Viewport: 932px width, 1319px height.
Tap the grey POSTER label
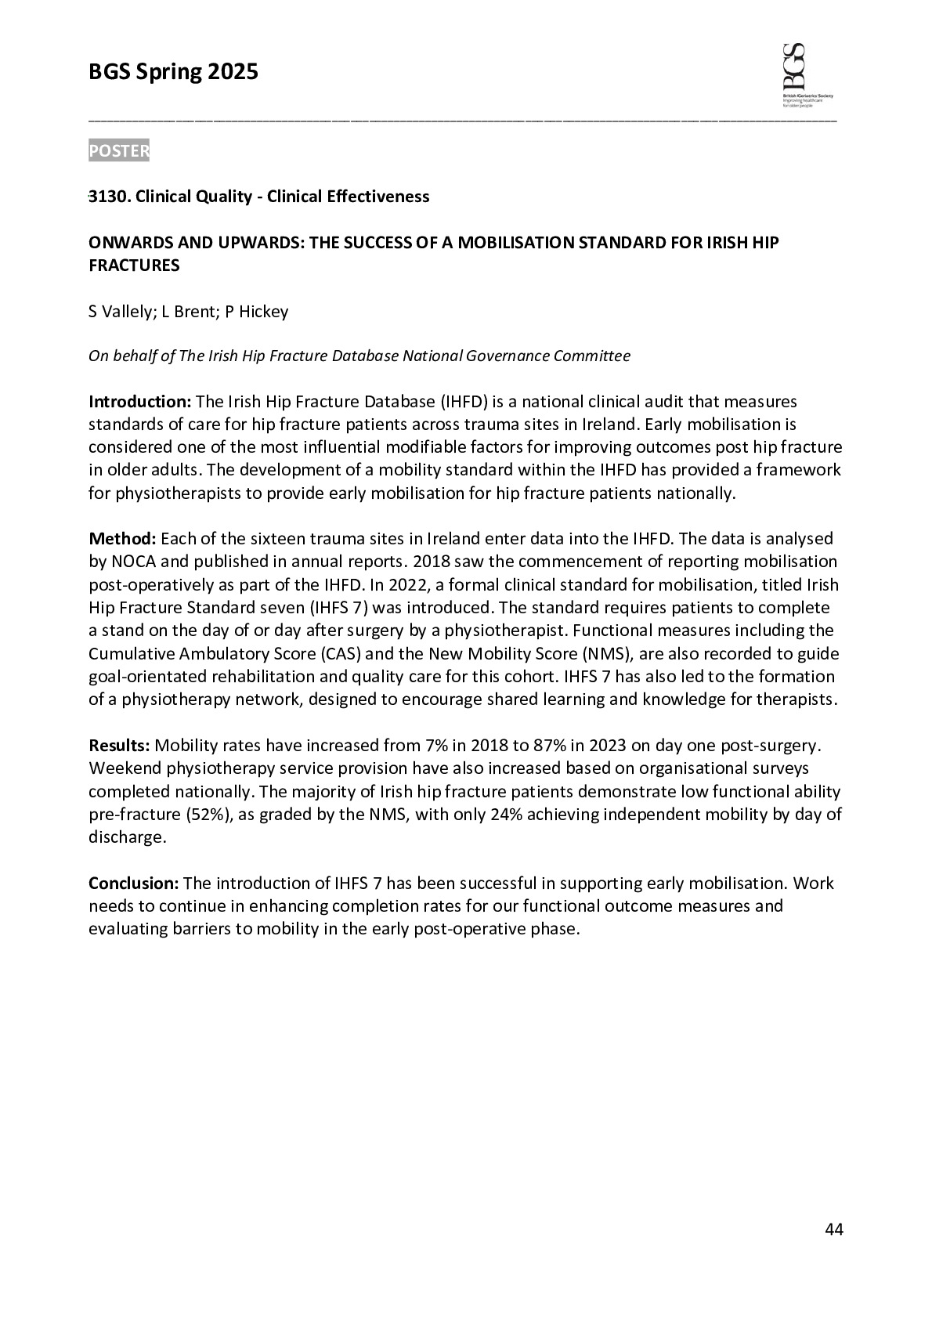(x=118, y=150)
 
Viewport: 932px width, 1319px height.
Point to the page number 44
(x=834, y=1229)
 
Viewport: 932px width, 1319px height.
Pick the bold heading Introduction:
(x=139, y=402)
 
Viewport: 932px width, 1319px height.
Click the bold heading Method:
(x=123, y=539)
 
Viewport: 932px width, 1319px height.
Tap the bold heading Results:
(x=119, y=745)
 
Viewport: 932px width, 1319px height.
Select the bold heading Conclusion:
(x=134, y=884)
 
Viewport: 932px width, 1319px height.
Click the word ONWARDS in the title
(x=128, y=242)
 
